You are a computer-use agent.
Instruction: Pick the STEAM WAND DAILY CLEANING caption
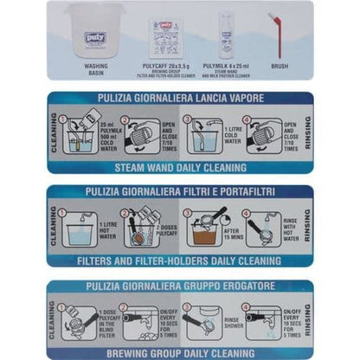pos(180,167)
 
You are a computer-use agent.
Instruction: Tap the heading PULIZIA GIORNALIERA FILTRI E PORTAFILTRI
pos(180,194)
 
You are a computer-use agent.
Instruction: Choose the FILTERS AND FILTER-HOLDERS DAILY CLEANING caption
pos(180,260)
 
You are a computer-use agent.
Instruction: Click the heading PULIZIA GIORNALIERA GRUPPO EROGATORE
pos(180,287)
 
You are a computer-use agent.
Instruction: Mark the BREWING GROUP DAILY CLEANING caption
pos(180,352)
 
